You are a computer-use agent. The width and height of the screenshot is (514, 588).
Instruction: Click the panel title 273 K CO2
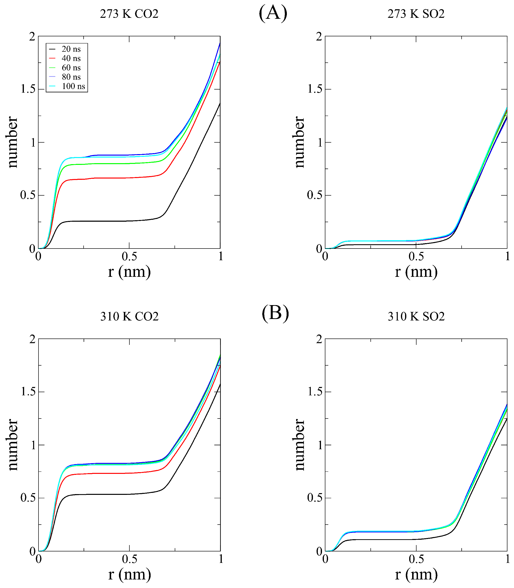(129, 14)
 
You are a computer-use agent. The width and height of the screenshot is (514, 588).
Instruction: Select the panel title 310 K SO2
(416, 317)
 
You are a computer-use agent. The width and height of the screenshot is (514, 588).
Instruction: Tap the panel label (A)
(273, 13)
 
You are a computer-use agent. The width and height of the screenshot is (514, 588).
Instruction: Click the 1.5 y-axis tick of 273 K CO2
(28, 89)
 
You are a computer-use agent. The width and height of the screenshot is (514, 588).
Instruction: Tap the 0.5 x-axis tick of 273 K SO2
(416, 257)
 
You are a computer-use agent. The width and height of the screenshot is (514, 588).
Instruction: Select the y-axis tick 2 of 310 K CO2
(32, 339)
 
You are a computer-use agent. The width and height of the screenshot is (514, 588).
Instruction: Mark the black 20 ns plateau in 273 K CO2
(115, 221)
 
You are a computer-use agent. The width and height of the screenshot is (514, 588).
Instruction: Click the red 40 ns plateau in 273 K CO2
(115, 178)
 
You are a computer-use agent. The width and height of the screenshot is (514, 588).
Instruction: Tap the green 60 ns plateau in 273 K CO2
(115, 164)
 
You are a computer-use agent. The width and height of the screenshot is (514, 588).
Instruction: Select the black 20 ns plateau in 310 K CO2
(115, 494)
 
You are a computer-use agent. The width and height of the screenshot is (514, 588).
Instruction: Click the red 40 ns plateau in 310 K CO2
(115, 473)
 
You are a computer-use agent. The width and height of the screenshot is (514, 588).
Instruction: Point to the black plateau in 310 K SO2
(387, 539)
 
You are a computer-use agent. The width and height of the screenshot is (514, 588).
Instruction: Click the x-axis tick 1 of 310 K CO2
(221, 559)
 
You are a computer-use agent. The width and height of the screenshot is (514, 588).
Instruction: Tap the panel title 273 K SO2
(416, 14)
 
